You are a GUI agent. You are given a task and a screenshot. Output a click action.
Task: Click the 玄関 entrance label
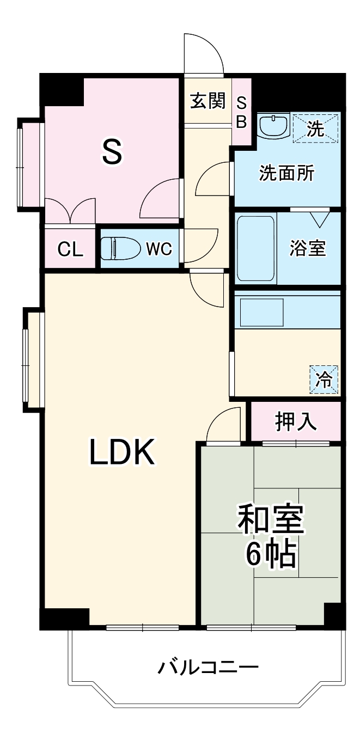click(x=208, y=101)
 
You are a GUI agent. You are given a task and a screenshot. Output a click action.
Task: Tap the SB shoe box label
click(x=241, y=112)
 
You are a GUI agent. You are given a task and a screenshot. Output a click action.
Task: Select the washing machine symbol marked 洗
click(x=315, y=129)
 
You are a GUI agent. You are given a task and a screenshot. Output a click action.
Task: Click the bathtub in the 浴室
click(x=255, y=248)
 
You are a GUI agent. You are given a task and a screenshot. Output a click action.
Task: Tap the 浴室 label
click(x=308, y=248)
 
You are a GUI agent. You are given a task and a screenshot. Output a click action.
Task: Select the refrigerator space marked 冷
click(x=325, y=379)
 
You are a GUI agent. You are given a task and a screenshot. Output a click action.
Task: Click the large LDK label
click(x=122, y=453)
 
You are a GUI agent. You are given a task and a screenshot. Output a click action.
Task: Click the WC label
click(x=158, y=249)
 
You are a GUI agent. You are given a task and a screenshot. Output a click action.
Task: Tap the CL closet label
click(x=70, y=250)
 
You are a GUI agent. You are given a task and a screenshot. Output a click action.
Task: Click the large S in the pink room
click(x=112, y=152)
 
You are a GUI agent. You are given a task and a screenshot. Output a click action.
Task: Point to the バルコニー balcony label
click(x=208, y=666)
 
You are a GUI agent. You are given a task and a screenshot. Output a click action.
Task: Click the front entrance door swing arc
click(x=204, y=53)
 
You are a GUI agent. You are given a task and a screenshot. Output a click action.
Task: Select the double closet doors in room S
click(x=70, y=211)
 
